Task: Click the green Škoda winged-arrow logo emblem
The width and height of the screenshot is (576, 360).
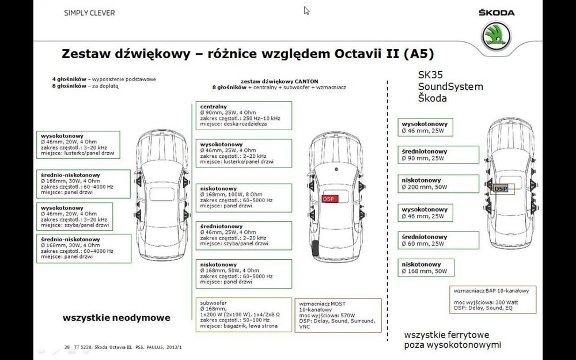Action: [x=497, y=35]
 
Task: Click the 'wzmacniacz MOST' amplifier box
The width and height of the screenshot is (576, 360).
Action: [x=338, y=314]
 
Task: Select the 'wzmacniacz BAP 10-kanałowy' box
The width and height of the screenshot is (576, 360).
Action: [x=495, y=298]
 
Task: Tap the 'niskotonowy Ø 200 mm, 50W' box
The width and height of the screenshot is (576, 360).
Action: [x=439, y=184]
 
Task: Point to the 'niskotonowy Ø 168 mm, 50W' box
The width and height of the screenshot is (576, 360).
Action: [x=427, y=267]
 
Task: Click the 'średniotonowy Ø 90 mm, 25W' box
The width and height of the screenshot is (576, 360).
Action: [x=439, y=155]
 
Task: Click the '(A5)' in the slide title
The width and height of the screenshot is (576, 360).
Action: [x=419, y=54]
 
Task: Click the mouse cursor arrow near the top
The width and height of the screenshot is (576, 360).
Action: [x=306, y=10]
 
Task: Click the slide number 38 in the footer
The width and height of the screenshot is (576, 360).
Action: [x=67, y=347]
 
